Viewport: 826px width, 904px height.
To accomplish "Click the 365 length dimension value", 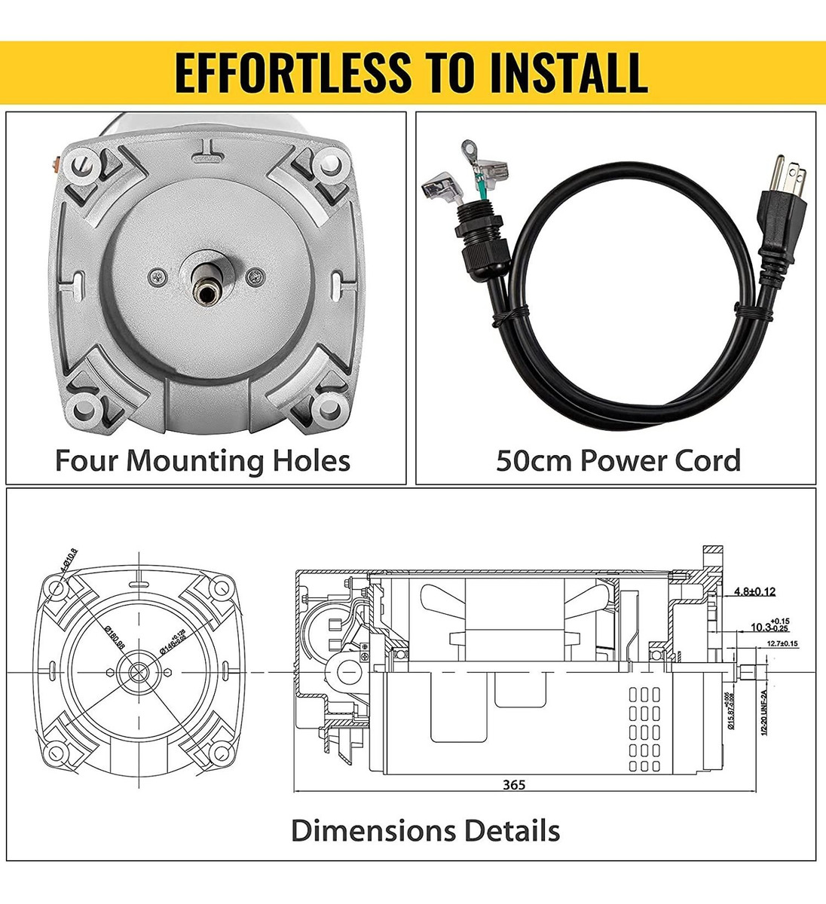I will pos(514,785).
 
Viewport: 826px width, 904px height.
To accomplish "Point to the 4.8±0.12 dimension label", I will pos(754,591).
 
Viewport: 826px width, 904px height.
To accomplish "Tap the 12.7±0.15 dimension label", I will pos(782,643).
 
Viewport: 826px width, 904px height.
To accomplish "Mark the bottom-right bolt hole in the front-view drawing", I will pos(219,751).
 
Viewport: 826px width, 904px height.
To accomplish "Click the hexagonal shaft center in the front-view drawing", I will pos(139,671).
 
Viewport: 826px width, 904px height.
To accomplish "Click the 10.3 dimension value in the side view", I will pos(761,627).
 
